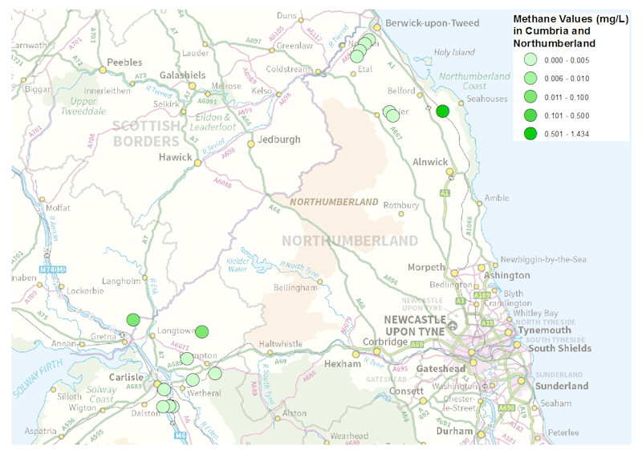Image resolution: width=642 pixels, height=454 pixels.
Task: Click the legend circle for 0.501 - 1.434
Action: (x=529, y=133)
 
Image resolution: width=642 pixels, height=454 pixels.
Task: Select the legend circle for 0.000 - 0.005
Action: (x=529, y=59)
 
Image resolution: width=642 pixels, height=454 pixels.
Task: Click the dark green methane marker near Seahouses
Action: (x=442, y=111)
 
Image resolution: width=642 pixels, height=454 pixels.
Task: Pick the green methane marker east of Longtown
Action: (x=201, y=331)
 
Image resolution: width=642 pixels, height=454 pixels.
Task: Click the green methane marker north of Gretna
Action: (x=133, y=319)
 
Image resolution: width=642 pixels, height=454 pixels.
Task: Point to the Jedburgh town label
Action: (x=278, y=139)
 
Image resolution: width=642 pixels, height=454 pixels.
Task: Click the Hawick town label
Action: (x=176, y=157)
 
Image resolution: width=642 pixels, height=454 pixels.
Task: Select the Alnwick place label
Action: (x=430, y=161)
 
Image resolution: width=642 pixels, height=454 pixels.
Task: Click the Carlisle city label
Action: (x=125, y=377)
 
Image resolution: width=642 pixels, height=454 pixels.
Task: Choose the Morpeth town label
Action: (x=426, y=267)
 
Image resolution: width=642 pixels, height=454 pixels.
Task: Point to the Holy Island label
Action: (x=454, y=53)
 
